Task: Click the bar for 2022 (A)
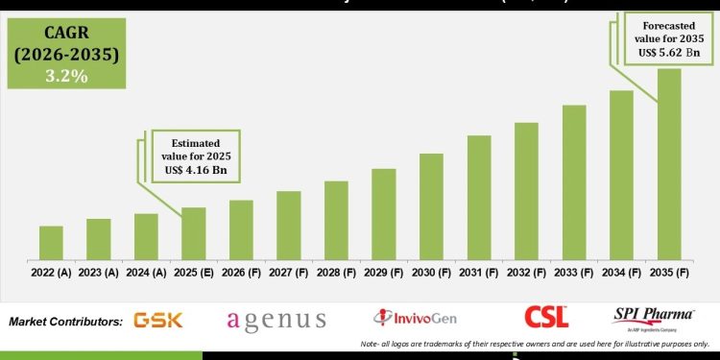pyautogui.click(x=51, y=243)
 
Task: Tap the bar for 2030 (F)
pyautogui.click(x=431, y=206)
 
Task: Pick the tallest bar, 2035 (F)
pyautogui.click(x=669, y=164)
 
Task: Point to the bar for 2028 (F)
pyautogui.click(x=336, y=220)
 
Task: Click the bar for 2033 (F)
pyautogui.click(x=574, y=182)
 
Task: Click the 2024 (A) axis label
pyautogui.click(x=146, y=273)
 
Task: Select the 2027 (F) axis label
pyautogui.click(x=289, y=273)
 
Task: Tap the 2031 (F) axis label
pyautogui.click(x=479, y=273)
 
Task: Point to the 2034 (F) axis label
pyautogui.click(x=621, y=273)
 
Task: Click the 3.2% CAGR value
pyautogui.click(x=64, y=76)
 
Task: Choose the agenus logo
pyautogui.click(x=276, y=321)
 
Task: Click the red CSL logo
pyautogui.click(x=546, y=317)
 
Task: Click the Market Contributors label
pyautogui.click(x=65, y=321)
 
